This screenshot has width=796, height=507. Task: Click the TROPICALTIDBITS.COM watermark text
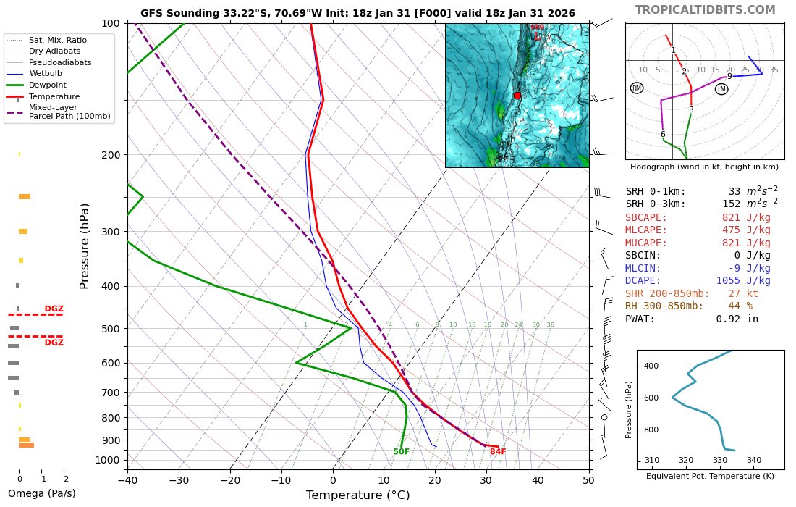[x=705, y=10]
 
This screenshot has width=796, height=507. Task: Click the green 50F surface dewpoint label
[x=402, y=452]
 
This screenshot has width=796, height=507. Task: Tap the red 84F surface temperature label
[x=498, y=452]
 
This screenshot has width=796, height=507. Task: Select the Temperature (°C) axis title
[x=357, y=495]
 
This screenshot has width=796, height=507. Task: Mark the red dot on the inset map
[x=517, y=96]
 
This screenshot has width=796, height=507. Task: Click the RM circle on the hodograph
[x=636, y=88]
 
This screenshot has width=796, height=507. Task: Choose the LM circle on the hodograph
[x=721, y=89]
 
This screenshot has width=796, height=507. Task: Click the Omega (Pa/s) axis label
[x=41, y=494]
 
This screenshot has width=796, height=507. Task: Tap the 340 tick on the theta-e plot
[x=753, y=460]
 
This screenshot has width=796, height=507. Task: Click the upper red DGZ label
[x=54, y=309]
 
